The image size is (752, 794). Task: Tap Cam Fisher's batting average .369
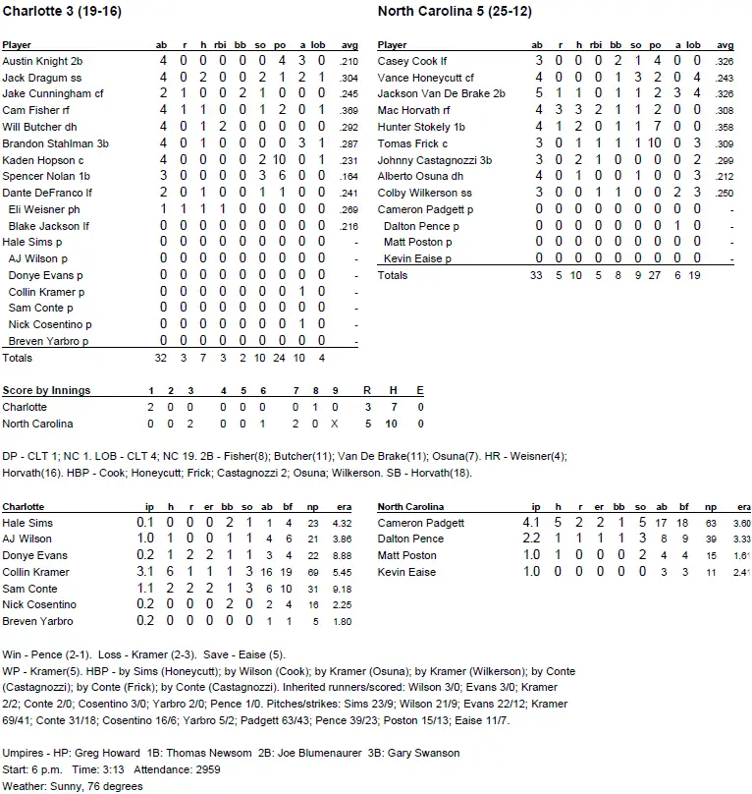[x=349, y=110]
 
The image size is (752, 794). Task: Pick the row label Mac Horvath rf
[x=413, y=110]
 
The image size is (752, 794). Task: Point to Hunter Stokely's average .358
[x=725, y=127]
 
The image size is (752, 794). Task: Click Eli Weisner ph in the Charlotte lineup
[x=40, y=210]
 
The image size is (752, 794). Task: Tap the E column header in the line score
[x=420, y=390]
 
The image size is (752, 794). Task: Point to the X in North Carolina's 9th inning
[x=335, y=424]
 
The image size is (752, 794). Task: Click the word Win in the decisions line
[x=11, y=654]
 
